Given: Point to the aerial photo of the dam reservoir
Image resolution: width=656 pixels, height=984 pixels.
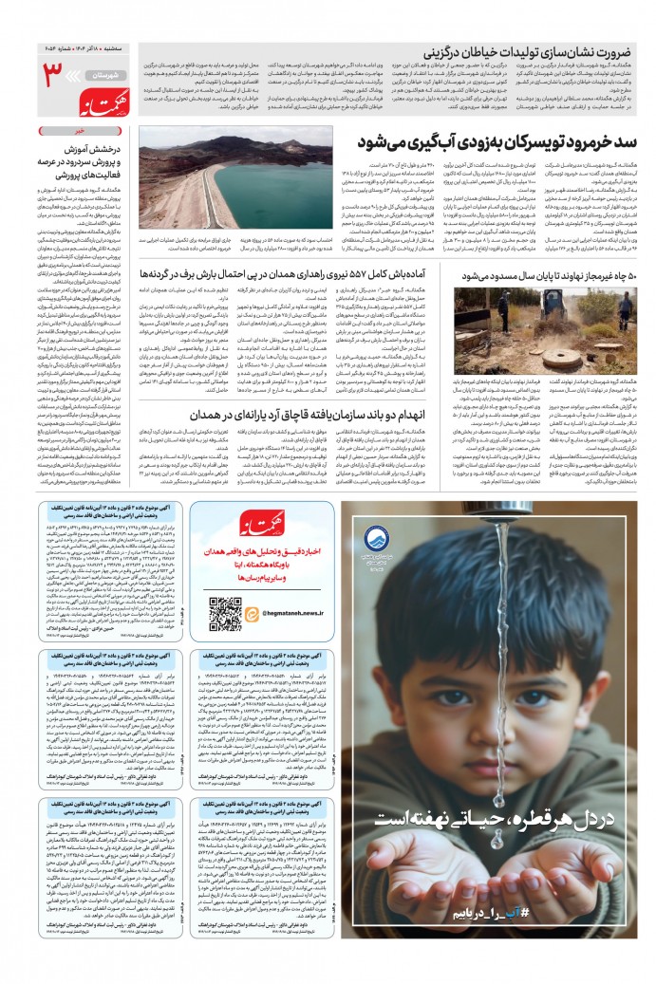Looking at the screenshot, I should point(236,182).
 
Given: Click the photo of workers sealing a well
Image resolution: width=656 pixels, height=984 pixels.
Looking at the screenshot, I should point(505,318).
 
